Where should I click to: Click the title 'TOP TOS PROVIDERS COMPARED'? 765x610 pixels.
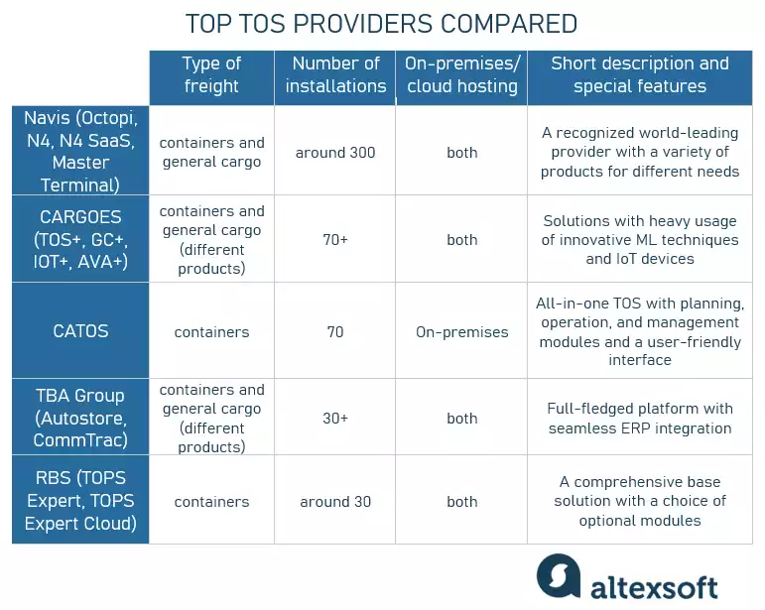382,24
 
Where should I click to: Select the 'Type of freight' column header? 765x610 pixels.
211,74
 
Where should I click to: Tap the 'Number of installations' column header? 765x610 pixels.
335,74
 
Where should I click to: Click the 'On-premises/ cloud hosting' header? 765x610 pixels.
461,74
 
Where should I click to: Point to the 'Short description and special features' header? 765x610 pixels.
640,74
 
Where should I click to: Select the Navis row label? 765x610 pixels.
80,151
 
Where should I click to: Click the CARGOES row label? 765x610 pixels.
80,239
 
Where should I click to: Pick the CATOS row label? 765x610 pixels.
80,331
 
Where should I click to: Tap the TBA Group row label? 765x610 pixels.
80,418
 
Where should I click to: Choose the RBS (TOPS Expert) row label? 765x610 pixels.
80,501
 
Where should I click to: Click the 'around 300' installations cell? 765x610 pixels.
335,153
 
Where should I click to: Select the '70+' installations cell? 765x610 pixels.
335,240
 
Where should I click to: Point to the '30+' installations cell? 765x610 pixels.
335,419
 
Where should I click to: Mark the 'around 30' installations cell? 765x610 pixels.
335,502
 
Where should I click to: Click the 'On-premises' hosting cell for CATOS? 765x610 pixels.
461,332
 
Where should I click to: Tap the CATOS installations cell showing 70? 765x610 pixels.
335,332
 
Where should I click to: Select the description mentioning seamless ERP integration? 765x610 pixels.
640,419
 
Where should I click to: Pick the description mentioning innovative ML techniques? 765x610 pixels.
640,240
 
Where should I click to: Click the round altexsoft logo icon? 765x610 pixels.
559,576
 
